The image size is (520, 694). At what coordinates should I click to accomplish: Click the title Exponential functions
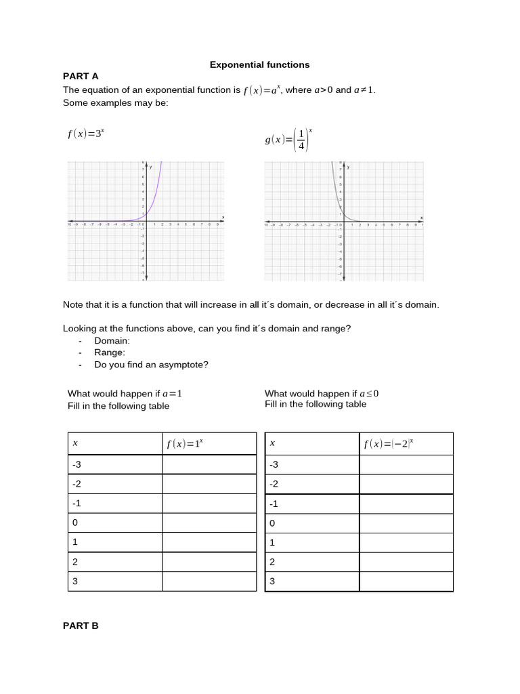coord(259,65)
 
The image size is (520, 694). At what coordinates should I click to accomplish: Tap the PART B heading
coord(81,626)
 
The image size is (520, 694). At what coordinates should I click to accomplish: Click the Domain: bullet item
coord(112,340)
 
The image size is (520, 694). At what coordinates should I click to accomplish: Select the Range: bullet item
coord(110,352)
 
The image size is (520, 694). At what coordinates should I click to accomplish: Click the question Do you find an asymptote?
coord(151,365)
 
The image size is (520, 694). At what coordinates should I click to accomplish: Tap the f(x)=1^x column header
coord(185,444)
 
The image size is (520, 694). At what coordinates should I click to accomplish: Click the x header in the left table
coord(75,443)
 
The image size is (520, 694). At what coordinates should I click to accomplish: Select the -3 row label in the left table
coord(77,465)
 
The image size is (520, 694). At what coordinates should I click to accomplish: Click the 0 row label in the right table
coord(273,523)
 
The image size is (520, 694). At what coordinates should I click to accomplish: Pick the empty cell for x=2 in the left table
coord(209,562)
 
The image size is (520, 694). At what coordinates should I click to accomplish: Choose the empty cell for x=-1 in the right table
coord(406,504)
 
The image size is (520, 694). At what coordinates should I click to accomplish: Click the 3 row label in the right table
coord(273,581)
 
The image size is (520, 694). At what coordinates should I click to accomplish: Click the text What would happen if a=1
coord(125,394)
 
